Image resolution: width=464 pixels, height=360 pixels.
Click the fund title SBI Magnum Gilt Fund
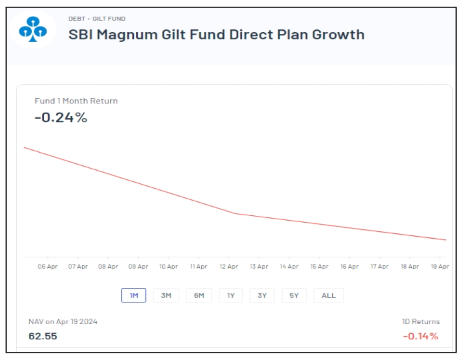(217, 35)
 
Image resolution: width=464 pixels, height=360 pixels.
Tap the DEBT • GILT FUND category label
(97, 19)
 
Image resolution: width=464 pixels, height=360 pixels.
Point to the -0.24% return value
(61, 118)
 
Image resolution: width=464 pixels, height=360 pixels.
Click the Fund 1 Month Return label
(76, 101)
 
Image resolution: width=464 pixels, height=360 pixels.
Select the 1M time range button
(133, 295)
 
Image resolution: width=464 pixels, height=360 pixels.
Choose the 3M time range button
(166, 295)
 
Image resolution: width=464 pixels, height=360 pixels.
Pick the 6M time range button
(199, 295)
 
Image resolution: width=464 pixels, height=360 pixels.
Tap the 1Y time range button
(231, 295)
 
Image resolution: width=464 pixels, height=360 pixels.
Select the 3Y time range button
(262, 295)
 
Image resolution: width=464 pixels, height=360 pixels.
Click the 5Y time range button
(294, 295)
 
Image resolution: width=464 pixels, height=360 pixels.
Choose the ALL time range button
(329, 295)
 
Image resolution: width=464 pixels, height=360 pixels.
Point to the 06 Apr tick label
(47, 267)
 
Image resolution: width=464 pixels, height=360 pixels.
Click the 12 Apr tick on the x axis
(229, 267)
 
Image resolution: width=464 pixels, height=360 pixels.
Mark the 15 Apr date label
(319, 267)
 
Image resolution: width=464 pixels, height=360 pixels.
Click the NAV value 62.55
(43, 336)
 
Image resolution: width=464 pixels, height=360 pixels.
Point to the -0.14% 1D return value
(421, 336)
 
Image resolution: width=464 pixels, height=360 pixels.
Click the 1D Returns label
(421, 321)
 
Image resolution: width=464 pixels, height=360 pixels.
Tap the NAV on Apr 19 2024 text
(63, 321)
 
